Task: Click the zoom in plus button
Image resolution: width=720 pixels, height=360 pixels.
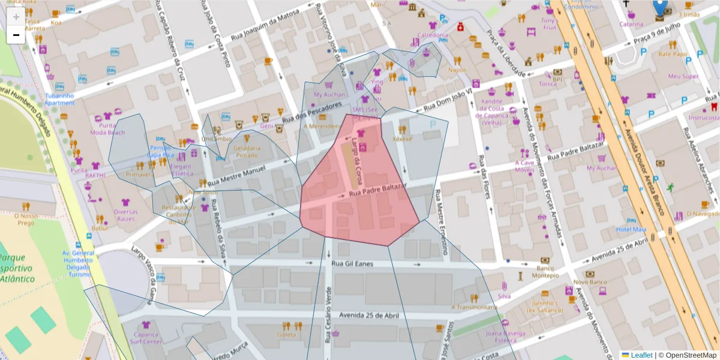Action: pos(16,17)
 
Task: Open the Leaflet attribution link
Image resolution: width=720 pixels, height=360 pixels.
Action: pos(641,355)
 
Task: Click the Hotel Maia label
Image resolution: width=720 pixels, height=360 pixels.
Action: pos(631,229)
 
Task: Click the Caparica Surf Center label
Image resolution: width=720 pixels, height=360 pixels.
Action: pos(145,338)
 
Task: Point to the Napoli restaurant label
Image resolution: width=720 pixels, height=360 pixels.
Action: pos(457,70)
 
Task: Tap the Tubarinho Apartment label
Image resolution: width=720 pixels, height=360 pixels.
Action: pos(59,99)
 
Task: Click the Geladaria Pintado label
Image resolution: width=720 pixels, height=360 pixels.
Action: pos(247,151)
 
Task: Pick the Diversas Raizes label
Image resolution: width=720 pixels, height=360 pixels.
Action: pos(125,215)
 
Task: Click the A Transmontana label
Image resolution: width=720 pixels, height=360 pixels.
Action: pos(474,307)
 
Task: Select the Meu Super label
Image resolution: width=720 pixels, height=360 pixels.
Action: pos(683,76)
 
